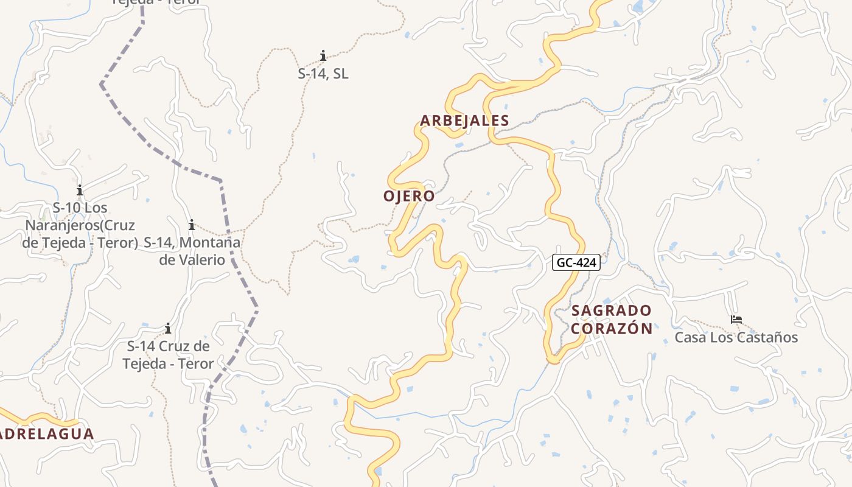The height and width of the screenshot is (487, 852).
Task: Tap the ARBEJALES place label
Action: [x=464, y=121]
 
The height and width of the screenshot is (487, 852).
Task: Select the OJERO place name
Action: [x=409, y=196]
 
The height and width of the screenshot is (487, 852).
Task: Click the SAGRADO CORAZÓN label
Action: [x=612, y=320]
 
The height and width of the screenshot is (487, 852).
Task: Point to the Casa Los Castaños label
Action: [x=736, y=337]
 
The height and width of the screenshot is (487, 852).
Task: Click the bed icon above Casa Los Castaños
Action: [x=736, y=319]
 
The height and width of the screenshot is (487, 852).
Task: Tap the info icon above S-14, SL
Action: [x=323, y=56]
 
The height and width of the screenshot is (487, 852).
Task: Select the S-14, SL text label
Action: [x=323, y=74]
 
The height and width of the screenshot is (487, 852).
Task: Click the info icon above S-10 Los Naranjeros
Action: [x=80, y=190]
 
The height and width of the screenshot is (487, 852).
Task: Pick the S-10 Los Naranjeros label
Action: [x=80, y=225]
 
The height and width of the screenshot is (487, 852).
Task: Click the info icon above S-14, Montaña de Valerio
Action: [x=192, y=225]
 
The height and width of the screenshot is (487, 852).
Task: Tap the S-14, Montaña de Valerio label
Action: [x=192, y=251]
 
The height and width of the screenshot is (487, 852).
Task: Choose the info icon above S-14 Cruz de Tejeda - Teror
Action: [x=168, y=329]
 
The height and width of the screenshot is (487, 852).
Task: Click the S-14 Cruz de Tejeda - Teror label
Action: [x=168, y=355]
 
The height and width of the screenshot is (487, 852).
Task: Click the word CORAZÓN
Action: [x=612, y=329]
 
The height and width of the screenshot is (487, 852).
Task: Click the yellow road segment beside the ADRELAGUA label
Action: [x=43, y=419]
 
